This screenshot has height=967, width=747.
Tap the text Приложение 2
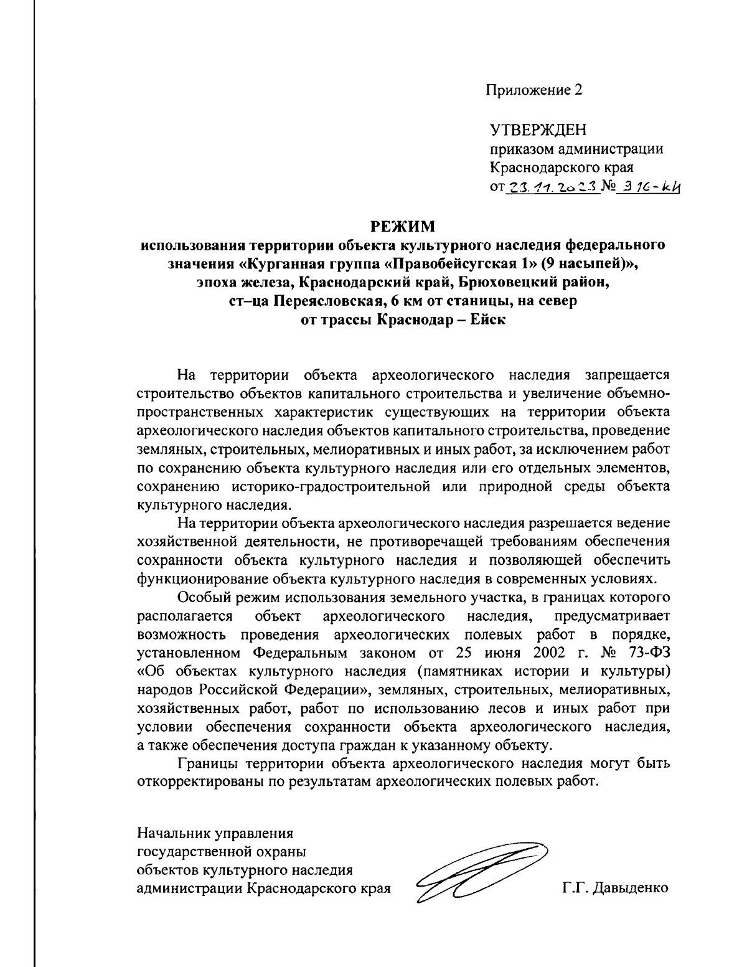pos(533,90)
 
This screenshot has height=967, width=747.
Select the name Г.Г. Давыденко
pos(614,887)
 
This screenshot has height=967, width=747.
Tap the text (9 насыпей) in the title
pos(588,262)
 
